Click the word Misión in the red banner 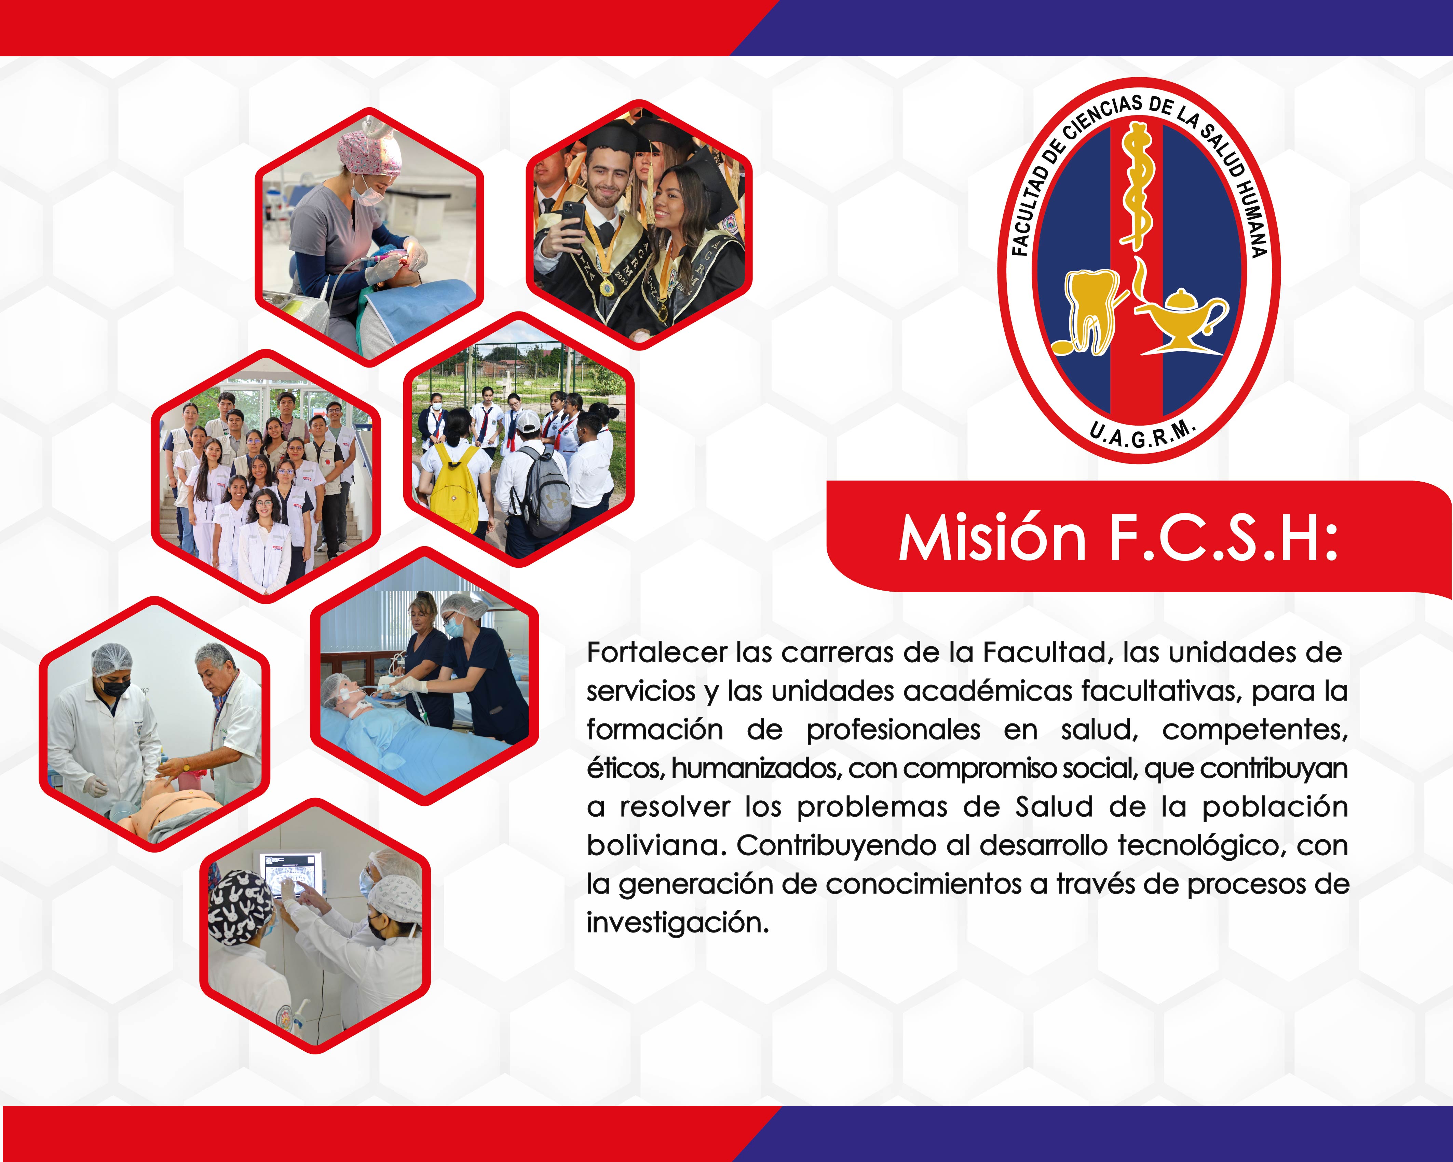[x=992, y=538]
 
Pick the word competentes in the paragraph [x=1255, y=730]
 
